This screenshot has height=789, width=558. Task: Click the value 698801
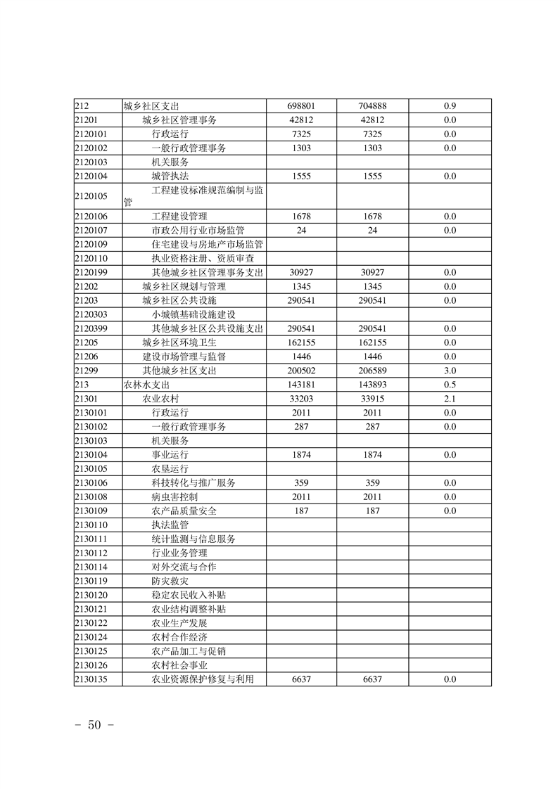pyautogui.click(x=300, y=106)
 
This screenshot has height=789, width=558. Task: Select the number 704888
pyautogui.click(x=372, y=106)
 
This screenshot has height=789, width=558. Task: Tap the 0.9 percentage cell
pyautogui.click(x=450, y=106)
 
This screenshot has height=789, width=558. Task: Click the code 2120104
pyautogui.click(x=90, y=177)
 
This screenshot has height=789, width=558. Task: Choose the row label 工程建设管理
pyautogui.click(x=179, y=216)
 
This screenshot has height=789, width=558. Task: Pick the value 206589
pyautogui.click(x=372, y=371)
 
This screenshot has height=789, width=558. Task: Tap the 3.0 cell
pyautogui.click(x=450, y=371)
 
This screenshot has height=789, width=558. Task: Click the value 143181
pyautogui.click(x=300, y=385)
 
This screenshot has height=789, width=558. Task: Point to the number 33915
pyautogui.click(x=372, y=399)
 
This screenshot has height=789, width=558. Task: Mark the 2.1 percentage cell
pyautogui.click(x=450, y=399)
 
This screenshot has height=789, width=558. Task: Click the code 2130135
pyautogui.click(x=90, y=679)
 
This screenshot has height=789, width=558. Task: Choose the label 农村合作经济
pyautogui.click(x=179, y=637)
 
